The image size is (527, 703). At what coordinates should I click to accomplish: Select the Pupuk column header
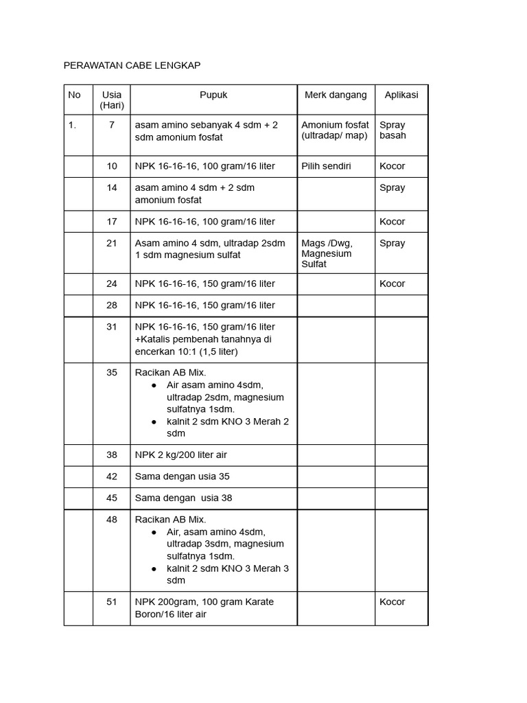213,95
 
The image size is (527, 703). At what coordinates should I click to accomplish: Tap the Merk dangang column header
336,95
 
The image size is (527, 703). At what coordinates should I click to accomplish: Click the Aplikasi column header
401,95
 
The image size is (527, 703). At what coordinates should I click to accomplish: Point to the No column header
74,95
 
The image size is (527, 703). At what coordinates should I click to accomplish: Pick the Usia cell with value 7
112,125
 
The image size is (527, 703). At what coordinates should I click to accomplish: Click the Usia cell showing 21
112,243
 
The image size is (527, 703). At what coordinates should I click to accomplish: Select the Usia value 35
112,373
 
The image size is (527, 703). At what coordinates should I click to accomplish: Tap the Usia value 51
112,602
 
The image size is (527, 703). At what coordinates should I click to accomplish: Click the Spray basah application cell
393,130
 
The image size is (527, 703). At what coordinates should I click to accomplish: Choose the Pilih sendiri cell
326,166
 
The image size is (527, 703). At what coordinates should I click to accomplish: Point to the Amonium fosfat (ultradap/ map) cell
335,130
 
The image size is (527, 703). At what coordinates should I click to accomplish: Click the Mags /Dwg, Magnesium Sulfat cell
327,253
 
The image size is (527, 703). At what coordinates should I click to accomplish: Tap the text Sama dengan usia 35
183,476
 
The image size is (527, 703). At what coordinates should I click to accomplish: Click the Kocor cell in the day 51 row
393,602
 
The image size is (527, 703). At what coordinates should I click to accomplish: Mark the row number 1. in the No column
72,125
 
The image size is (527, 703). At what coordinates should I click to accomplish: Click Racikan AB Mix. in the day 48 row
170,520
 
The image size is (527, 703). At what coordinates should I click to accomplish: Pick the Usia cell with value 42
112,476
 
